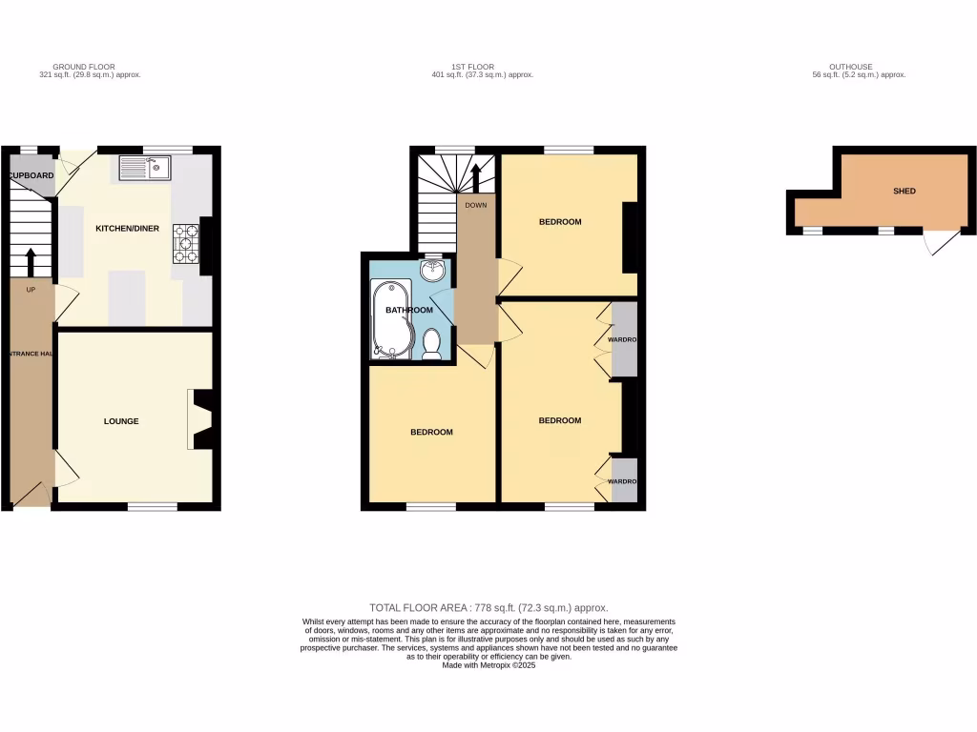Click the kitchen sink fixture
coord(145,169)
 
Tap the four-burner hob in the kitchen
coord(184,243)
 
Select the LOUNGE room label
coord(122,421)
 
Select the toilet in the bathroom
coord(431,344)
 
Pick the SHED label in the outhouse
coord(904,191)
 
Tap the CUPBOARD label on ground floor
coord(32,176)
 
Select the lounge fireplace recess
coord(201,420)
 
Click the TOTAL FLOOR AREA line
coord(488,607)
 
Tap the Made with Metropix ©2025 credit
coord(488,665)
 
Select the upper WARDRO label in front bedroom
coord(623,340)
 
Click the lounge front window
coord(153,506)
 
